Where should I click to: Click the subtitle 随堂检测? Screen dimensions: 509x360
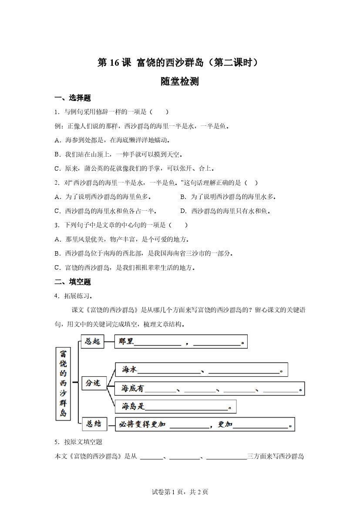[x=180, y=81]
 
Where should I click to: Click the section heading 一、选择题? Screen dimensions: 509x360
[x=72, y=98]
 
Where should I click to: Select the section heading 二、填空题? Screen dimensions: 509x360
[x=72, y=282]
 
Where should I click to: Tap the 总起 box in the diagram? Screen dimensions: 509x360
[x=92, y=341]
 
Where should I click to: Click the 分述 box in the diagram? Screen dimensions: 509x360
[x=93, y=383]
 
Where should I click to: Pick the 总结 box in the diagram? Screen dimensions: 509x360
[x=94, y=424]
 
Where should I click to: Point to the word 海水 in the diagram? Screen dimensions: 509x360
[x=129, y=370]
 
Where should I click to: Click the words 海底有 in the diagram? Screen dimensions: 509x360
[x=132, y=388]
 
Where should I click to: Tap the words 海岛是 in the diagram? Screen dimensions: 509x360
[x=132, y=407]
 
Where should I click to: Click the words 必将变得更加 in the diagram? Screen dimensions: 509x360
[x=143, y=425]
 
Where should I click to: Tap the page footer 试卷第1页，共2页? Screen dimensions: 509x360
[x=180, y=492]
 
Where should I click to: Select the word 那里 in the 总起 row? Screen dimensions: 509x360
[x=126, y=342]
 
